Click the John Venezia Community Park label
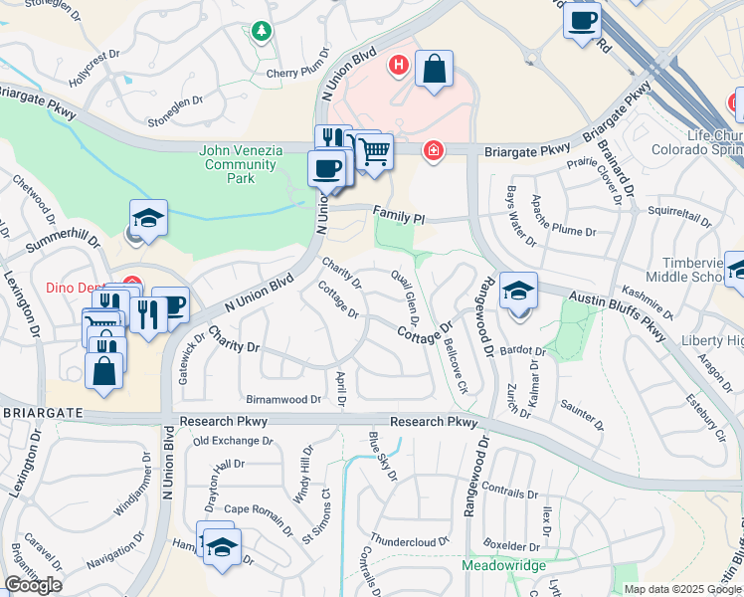(x=241, y=164)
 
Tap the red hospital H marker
(x=399, y=67)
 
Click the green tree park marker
(x=262, y=31)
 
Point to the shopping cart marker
(x=375, y=152)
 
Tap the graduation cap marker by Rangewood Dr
(x=518, y=291)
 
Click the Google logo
(x=33, y=585)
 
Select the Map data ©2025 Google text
(x=681, y=589)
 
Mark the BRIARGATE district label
(x=41, y=410)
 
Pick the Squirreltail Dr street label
(x=682, y=211)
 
